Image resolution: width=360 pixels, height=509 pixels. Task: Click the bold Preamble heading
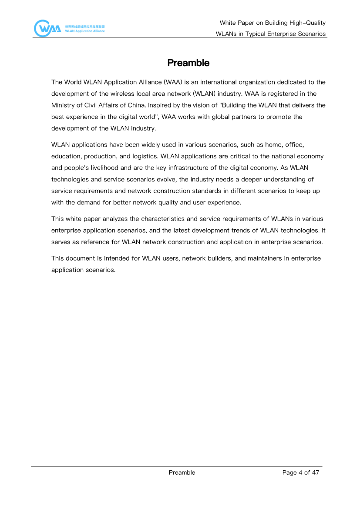coord(188,63)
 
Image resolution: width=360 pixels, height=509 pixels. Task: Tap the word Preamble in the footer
coord(182,472)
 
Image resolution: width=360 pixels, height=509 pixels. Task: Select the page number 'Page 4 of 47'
coord(301,472)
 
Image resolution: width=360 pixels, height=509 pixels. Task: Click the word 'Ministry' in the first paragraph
coord(63,105)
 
